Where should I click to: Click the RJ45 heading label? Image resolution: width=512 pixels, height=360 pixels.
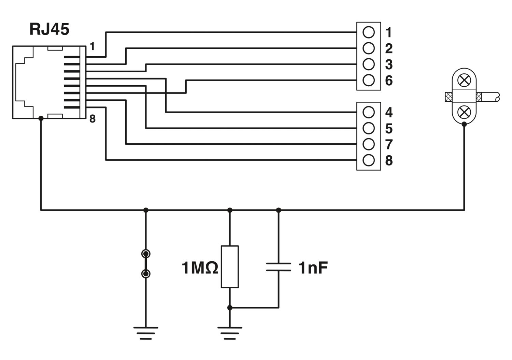49,29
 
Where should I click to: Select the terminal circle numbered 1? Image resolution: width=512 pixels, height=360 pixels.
369,32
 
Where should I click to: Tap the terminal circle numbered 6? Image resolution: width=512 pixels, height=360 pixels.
369,80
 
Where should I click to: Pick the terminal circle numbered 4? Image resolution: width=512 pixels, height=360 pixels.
369,112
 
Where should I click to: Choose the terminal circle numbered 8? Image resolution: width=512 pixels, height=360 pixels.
369,160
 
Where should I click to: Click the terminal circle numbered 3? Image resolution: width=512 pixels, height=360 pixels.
369,64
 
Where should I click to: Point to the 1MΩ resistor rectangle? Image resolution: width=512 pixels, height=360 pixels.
230,267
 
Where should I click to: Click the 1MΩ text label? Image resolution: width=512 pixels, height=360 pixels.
200,268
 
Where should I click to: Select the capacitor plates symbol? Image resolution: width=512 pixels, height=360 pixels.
279,267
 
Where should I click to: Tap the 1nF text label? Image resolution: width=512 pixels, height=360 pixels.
313,268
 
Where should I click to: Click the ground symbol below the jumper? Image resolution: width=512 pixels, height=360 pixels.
146,333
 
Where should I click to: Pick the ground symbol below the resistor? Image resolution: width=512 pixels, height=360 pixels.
230,333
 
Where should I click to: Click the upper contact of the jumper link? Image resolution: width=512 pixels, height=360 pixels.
146,254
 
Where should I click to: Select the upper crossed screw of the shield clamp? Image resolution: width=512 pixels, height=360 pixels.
464,81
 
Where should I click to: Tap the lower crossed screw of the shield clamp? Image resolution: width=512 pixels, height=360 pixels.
464,112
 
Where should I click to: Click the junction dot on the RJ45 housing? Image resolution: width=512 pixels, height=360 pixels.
41,118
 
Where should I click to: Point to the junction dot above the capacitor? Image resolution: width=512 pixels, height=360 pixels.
279,210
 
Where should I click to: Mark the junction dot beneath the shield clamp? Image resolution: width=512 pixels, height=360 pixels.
464,124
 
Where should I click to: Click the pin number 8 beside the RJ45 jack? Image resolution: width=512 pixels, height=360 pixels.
92,119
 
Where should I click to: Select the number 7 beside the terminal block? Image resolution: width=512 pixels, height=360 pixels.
389,144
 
